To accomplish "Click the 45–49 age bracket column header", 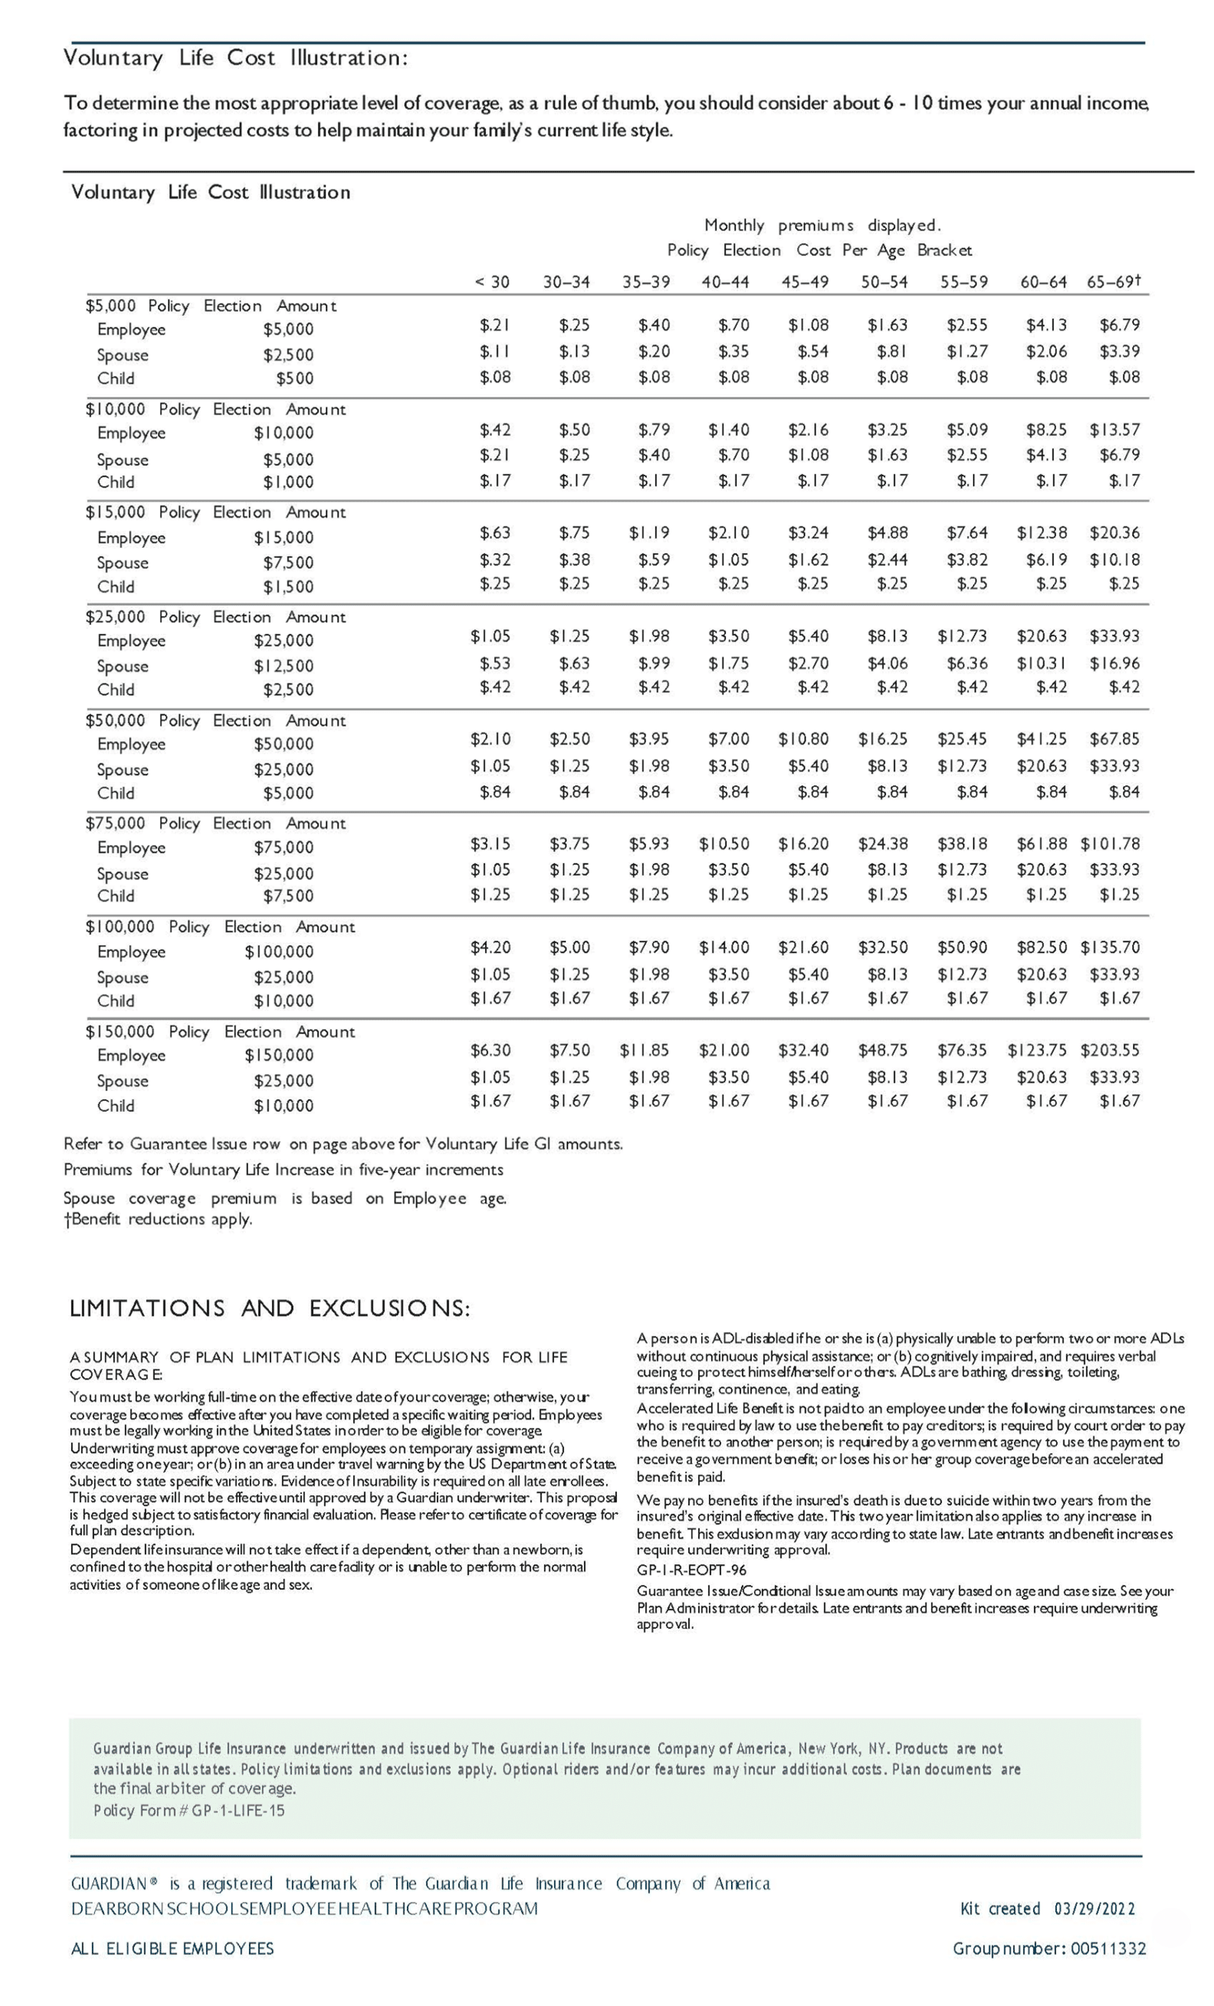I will pyautogui.click(x=804, y=283).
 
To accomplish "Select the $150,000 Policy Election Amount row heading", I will pyautogui.click(x=220, y=1031).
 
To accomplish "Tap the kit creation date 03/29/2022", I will pyautogui.click(x=1093, y=1909).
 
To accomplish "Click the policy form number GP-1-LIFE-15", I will pyautogui.click(x=237, y=1811).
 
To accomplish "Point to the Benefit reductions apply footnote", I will pyautogui.click(x=159, y=1219).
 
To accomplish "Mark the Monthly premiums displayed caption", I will pyautogui.click(x=822, y=225).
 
